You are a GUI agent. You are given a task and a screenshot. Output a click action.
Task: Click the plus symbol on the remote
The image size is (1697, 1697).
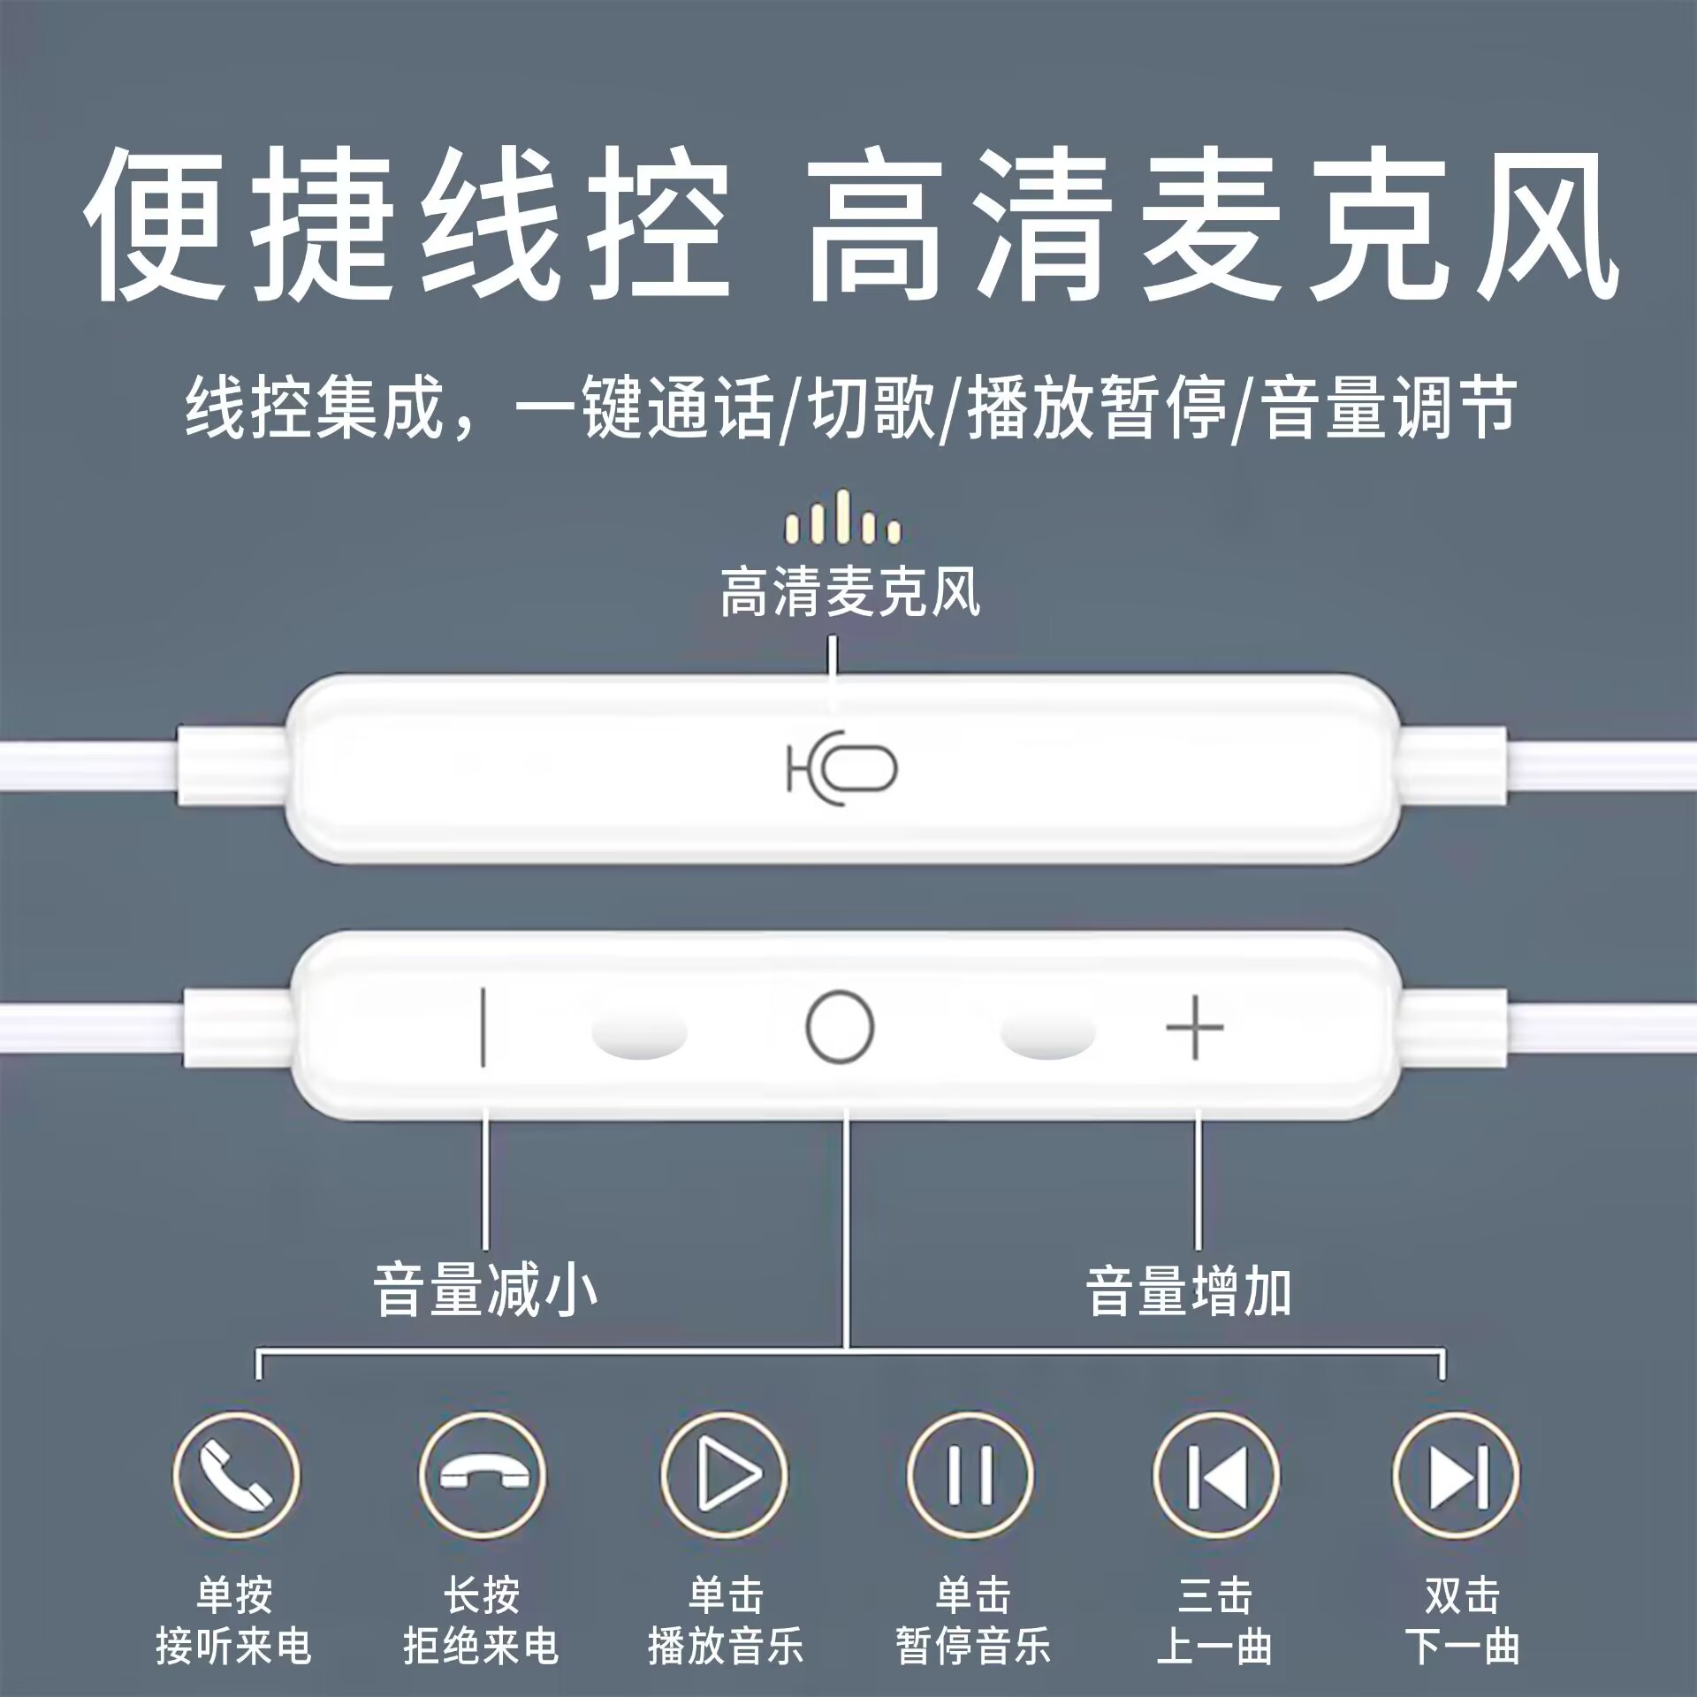point(1195,1027)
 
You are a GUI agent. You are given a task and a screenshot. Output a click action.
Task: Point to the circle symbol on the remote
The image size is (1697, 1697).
point(840,1027)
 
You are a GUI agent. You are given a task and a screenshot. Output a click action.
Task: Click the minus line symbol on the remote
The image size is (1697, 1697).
point(483,1027)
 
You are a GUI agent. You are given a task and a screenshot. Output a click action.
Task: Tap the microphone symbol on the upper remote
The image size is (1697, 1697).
point(842,768)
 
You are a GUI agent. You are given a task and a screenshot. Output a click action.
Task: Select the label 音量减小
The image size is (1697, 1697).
point(485,1291)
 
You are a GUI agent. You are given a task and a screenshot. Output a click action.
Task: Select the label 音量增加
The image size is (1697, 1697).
point(1189,1291)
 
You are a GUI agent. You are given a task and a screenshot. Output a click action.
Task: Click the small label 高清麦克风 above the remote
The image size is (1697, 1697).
point(849,591)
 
